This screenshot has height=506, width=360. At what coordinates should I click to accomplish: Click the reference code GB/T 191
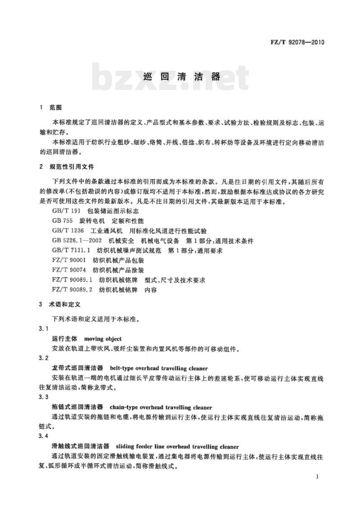65,211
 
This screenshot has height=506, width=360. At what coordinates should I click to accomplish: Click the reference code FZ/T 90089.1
72,280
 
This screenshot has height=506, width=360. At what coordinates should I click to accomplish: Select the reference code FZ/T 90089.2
72,290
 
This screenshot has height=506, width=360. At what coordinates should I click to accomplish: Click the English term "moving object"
103,338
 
